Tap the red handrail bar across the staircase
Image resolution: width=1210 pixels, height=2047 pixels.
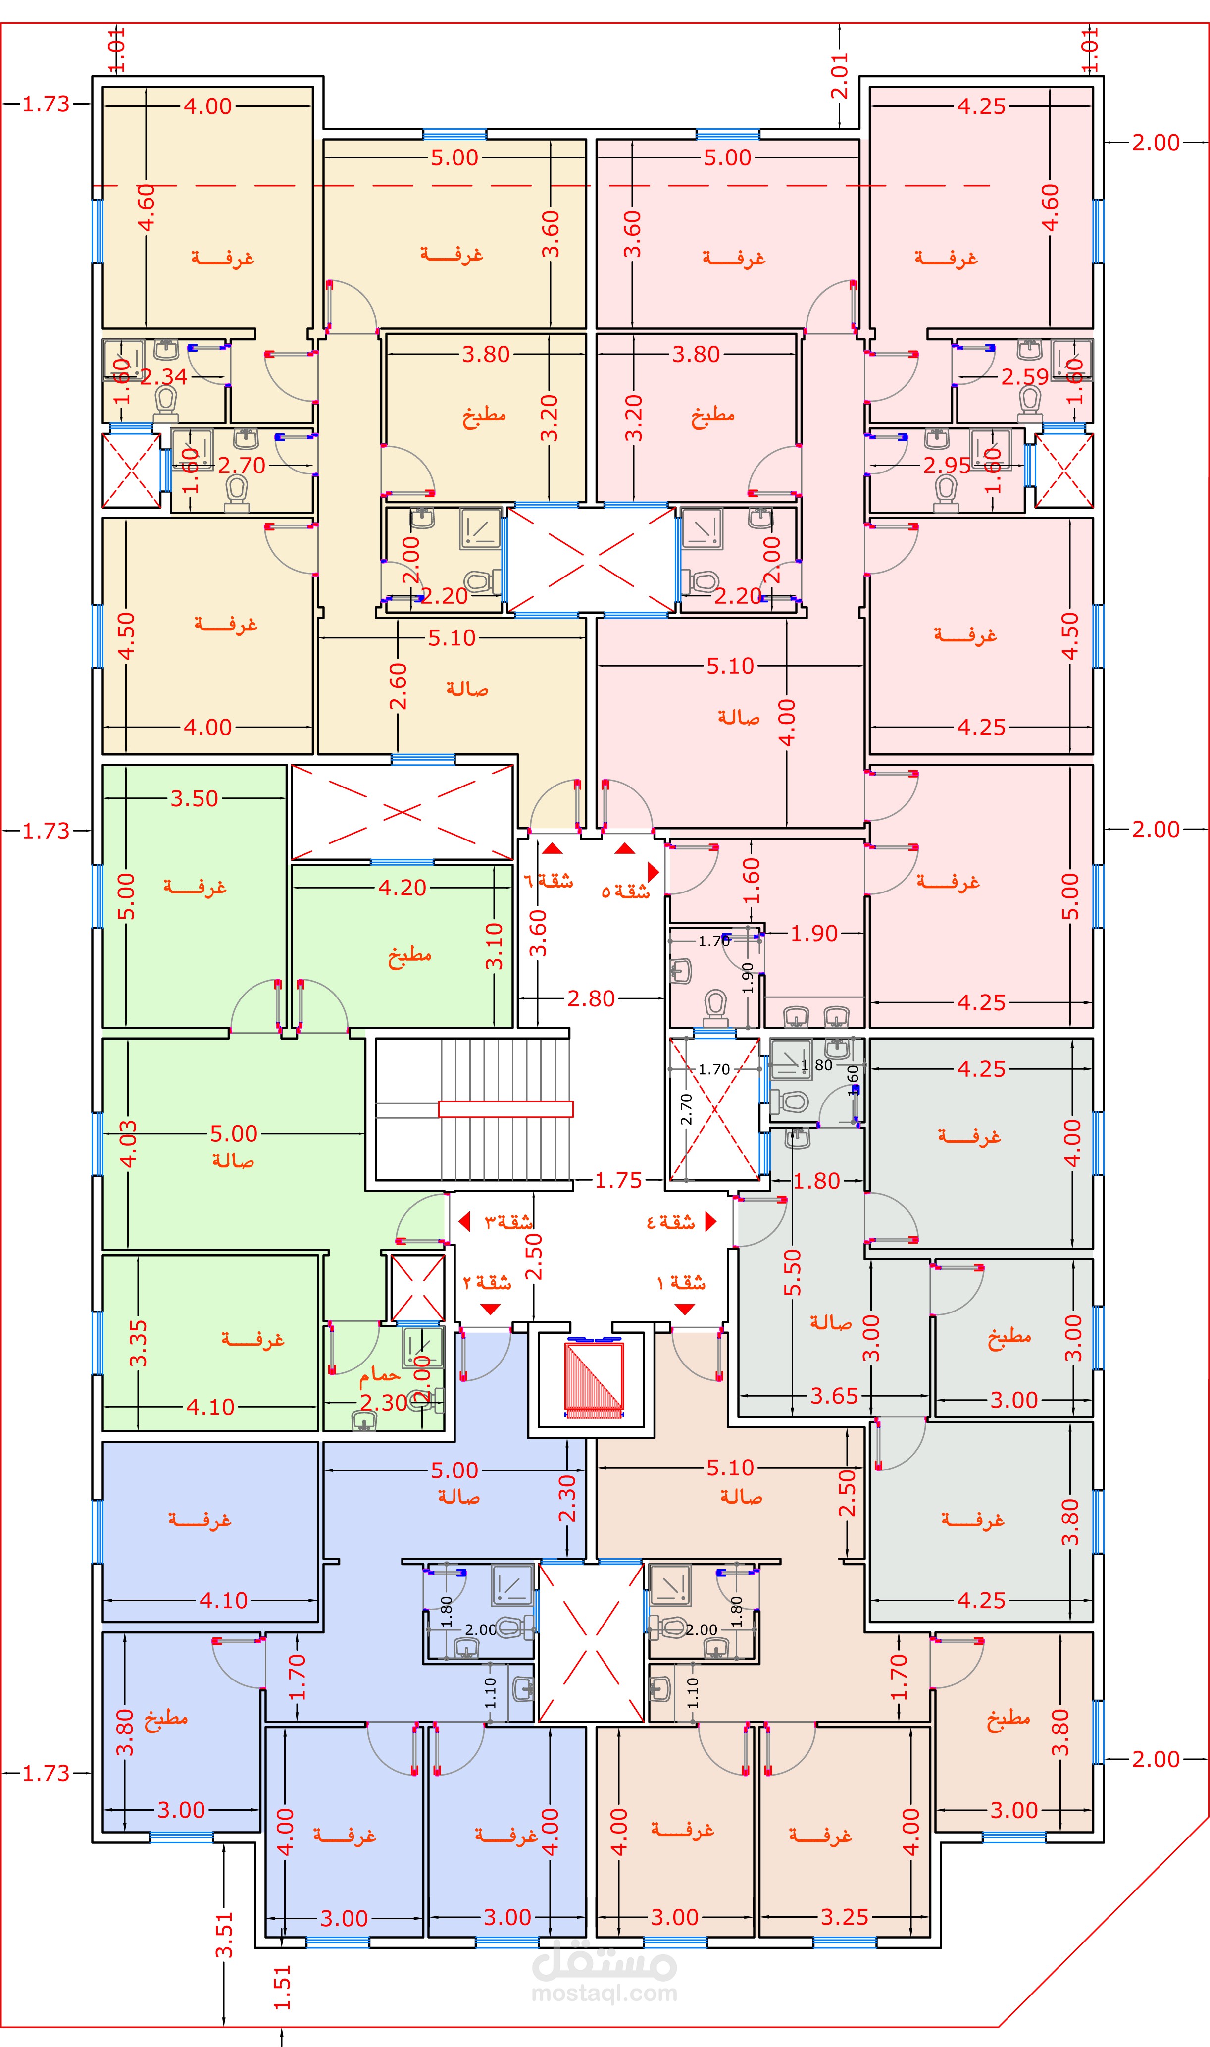click(505, 1109)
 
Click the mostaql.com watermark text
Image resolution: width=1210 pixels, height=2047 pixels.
click(604, 1993)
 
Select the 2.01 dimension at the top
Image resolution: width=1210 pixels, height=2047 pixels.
click(840, 76)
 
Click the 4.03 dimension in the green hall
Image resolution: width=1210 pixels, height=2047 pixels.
click(128, 1144)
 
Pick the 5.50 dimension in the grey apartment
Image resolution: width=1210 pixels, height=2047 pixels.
click(793, 1272)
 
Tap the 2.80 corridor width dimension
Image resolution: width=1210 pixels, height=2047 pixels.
click(591, 998)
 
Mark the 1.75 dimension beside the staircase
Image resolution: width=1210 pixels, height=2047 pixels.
click(618, 1180)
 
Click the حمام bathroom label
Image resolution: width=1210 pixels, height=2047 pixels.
click(380, 1375)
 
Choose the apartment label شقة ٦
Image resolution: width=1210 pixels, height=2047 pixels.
click(548, 881)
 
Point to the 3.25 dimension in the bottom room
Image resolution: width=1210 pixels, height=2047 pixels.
click(845, 1917)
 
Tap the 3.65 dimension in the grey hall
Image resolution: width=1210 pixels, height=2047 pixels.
click(834, 1395)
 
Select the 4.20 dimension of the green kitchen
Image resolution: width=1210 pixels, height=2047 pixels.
click(402, 888)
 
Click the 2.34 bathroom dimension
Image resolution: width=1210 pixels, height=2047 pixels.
click(164, 377)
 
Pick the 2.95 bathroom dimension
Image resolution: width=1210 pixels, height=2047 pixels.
click(947, 466)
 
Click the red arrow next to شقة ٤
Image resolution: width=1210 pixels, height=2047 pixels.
click(710, 1221)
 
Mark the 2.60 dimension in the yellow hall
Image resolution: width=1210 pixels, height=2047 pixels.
click(398, 686)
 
